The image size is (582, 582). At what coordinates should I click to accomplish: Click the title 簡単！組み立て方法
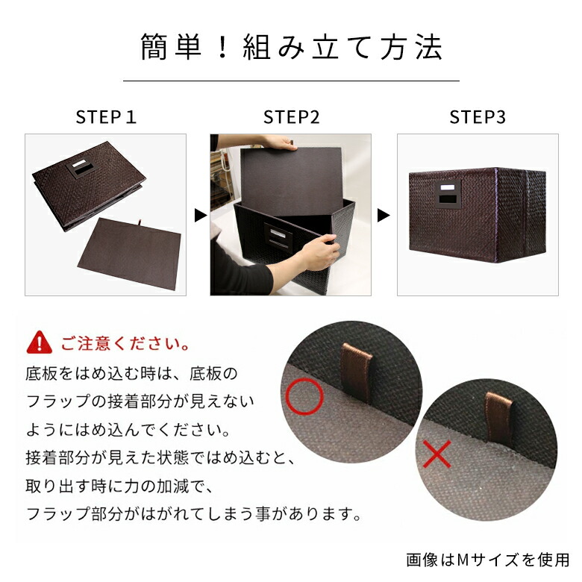[291, 47]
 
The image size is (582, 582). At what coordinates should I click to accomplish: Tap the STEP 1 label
[106, 117]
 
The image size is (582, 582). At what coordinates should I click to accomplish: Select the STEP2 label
[290, 117]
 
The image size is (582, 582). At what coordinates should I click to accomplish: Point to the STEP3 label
[478, 117]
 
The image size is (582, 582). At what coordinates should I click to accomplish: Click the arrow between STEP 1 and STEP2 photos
[199, 216]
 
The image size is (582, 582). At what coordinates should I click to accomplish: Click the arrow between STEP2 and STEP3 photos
[384, 216]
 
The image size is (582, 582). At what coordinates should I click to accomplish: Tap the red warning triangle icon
[39, 344]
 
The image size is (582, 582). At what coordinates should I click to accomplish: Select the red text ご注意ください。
[125, 345]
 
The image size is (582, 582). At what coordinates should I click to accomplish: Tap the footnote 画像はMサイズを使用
[487, 559]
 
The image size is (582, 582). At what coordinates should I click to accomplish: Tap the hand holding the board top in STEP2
[280, 142]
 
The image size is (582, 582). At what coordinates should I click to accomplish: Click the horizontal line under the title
[291, 81]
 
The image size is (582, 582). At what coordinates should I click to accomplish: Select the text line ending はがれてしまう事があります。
[194, 514]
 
